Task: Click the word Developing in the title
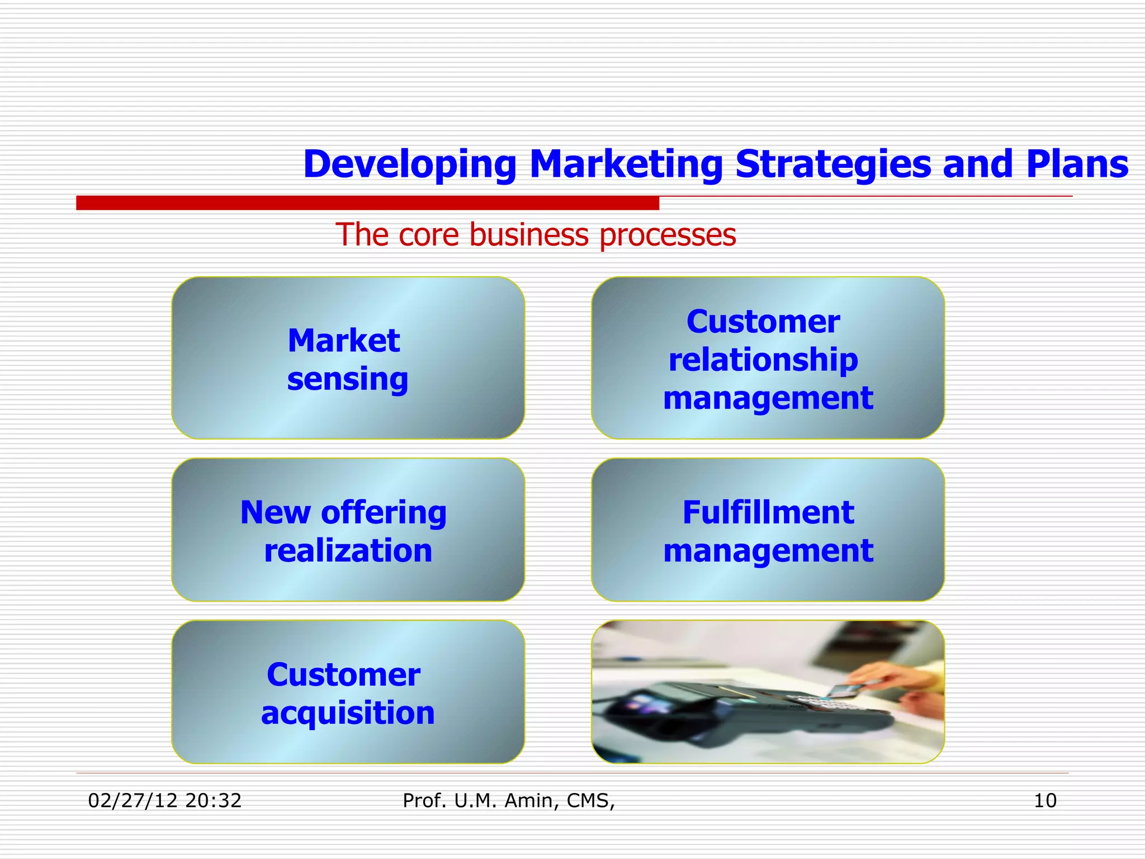(x=409, y=164)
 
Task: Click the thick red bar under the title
(x=367, y=203)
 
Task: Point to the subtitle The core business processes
(x=536, y=234)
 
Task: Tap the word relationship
(x=763, y=360)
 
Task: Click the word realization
(x=348, y=551)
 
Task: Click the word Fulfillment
(x=768, y=512)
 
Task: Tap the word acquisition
(x=348, y=713)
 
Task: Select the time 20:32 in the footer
(x=213, y=801)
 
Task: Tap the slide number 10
(x=1045, y=801)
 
